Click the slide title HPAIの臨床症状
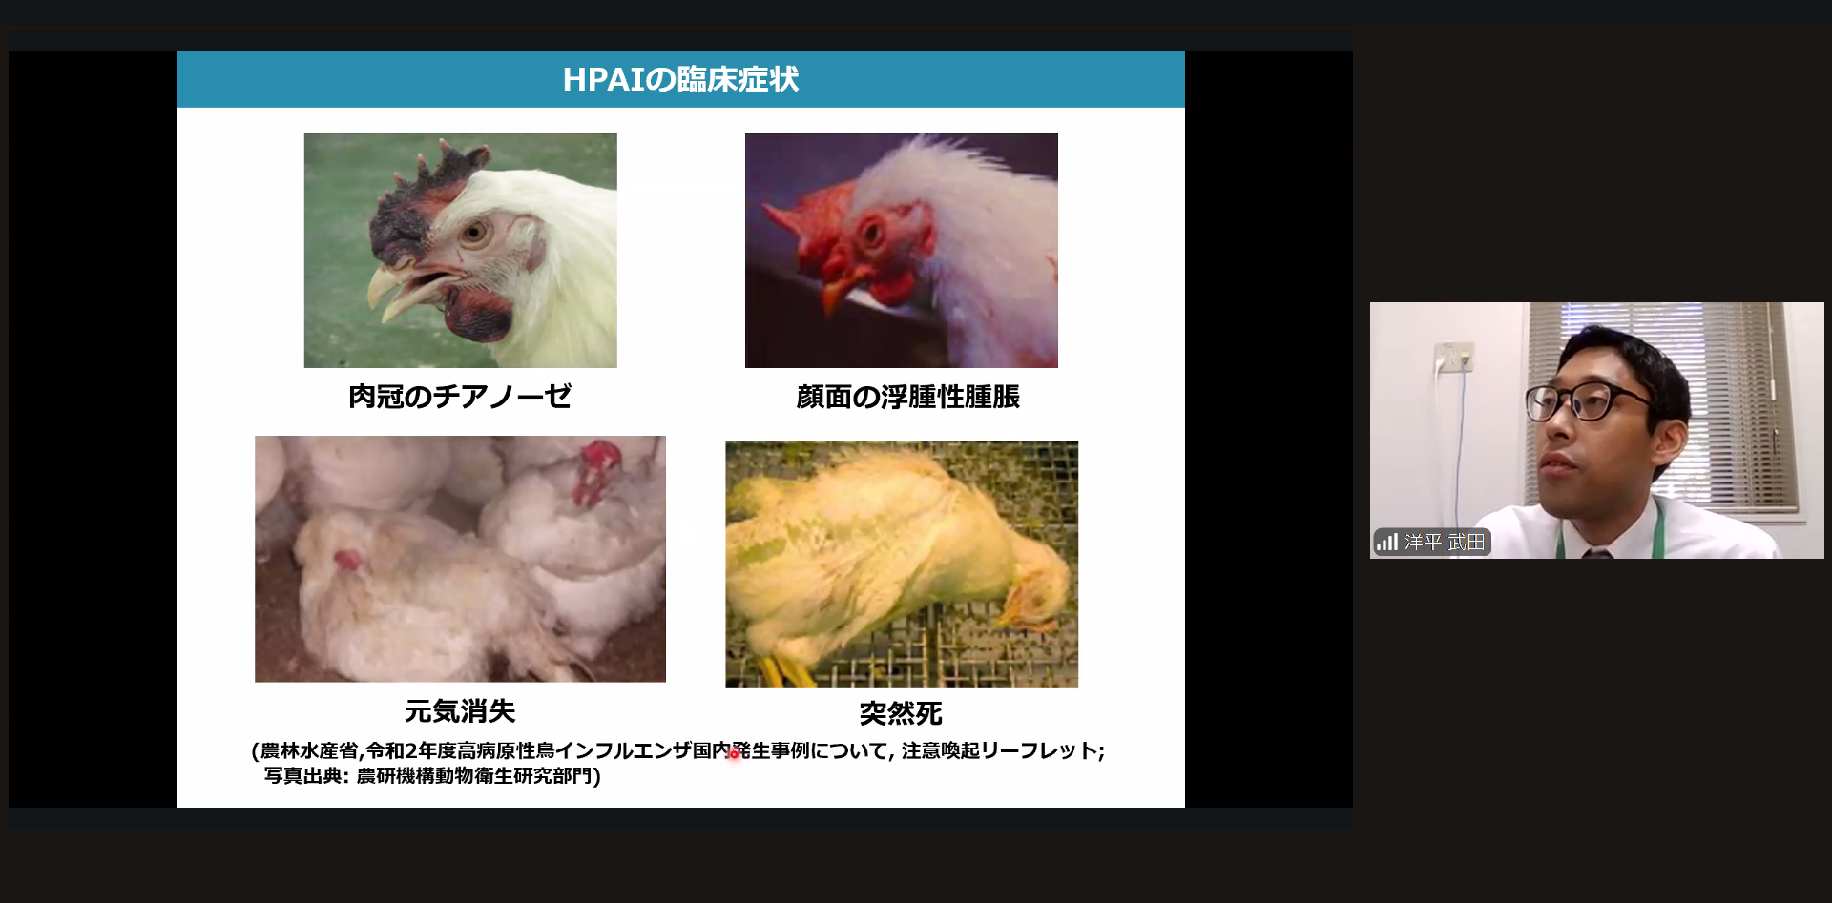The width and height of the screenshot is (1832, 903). (680, 79)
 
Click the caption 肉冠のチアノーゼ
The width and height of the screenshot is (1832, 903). (460, 396)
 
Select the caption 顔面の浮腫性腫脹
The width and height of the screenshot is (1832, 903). (908, 397)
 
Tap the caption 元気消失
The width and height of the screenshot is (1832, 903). (460, 710)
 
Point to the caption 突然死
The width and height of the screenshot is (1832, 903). (901, 713)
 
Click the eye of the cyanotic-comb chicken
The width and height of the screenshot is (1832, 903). (474, 232)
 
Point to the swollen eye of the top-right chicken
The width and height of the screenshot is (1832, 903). (873, 229)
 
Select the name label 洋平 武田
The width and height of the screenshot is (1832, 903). (1445, 543)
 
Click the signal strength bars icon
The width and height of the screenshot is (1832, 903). (1386, 543)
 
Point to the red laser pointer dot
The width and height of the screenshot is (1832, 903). (734, 754)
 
